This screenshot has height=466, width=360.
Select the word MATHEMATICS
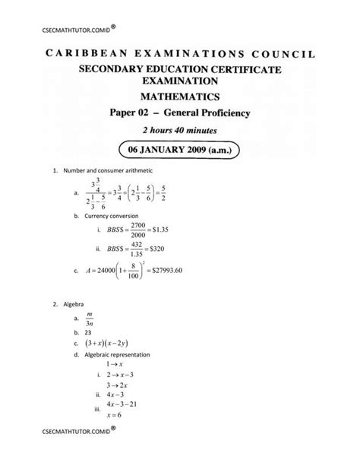coord(179,97)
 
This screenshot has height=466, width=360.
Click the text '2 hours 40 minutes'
coord(179,131)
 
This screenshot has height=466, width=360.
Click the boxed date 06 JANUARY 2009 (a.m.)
coord(179,150)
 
